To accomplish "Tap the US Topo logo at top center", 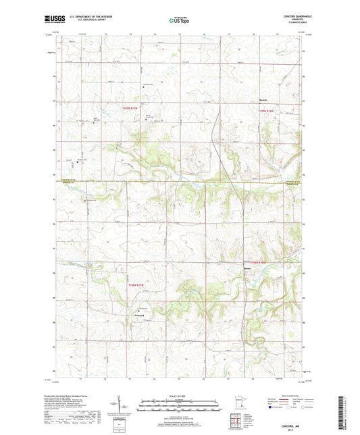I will (180, 21).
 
